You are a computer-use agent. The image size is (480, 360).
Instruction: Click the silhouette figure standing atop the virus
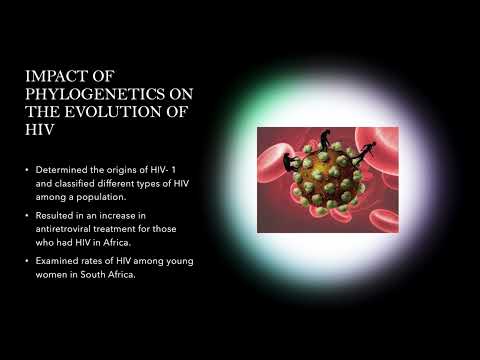pos(326,140)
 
